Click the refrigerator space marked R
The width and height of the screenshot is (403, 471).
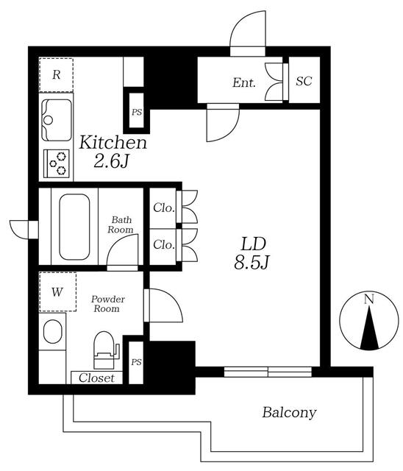tap(57, 75)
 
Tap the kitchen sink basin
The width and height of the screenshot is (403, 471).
tap(57, 120)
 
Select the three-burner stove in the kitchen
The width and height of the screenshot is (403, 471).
tap(57, 164)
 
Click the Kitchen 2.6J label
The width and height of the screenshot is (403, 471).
tap(113, 152)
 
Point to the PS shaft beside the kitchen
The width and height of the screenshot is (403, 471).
tap(137, 113)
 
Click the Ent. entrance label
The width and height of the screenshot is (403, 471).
tap(244, 82)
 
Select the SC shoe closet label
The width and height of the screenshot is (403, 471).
tap(304, 81)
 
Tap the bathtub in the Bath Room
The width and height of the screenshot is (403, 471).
tap(74, 227)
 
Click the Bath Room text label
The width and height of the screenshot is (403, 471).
tap(121, 224)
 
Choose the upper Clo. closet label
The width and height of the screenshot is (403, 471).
tap(164, 208)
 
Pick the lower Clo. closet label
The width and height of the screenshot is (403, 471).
tap(164, 244)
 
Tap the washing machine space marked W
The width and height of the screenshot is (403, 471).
tap(57, 291)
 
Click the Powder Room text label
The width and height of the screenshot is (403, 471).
tap(107, 304)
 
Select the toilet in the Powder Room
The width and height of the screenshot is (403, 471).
tap(105, 350)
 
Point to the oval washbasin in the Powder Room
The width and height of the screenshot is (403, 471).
tap(53, 331)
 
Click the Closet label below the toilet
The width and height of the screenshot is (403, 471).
tap(96, 378)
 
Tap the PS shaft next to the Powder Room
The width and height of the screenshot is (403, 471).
tap(136, 362)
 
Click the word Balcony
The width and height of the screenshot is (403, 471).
tap(289, 412)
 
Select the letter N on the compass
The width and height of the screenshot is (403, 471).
tap(368, 300)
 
